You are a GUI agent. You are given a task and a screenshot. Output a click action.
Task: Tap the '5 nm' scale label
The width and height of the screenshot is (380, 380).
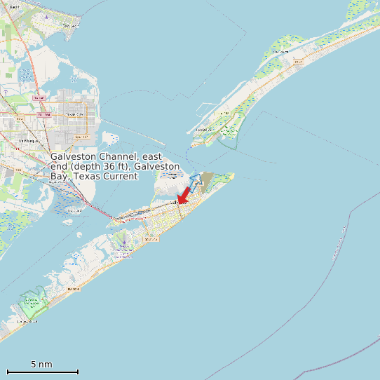(x=41, y=365)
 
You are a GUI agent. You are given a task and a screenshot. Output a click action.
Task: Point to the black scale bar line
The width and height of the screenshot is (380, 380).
(x=42, y=372)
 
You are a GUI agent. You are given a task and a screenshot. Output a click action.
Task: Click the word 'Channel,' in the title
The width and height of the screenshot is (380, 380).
(x=117, y=156)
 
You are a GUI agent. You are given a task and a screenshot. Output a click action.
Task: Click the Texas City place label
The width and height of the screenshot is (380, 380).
(x=74, y=114)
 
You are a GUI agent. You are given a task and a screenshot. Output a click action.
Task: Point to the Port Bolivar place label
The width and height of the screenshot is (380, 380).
(x=203, y=130)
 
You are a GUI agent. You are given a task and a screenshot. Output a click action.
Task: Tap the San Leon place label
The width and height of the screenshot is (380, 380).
(x=70, y=26)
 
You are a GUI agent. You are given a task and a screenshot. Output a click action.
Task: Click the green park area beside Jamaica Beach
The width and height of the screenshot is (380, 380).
(x=32, y=303)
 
